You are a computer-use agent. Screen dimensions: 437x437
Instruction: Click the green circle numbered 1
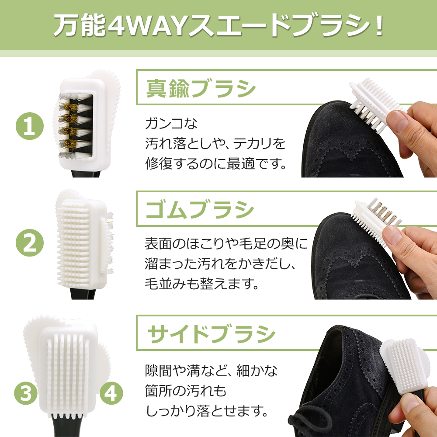tap(30, 126)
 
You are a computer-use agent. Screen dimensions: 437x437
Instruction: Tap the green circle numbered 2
tap(30, 243)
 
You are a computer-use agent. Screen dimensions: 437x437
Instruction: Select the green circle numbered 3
tap(26, 393)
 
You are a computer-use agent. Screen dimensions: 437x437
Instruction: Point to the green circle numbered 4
tap(111, 393)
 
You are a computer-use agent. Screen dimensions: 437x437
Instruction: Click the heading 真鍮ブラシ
tap(201, 88)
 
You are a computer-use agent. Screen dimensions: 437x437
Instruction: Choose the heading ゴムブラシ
tap(200, 209)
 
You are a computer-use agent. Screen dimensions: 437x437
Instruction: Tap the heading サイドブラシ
tap(212, 334)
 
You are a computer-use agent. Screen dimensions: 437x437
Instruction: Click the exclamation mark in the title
tap(379, 26)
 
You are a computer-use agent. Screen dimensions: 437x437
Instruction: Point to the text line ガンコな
tap(171, 123)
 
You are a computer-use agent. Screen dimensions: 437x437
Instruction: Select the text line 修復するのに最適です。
tap(216, 163)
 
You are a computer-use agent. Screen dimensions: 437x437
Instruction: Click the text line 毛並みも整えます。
tap(202, 284)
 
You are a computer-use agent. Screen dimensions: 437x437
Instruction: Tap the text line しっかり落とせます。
tap(207, 411)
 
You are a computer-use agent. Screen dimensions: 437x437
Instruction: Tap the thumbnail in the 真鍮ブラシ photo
tap(397, 121)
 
